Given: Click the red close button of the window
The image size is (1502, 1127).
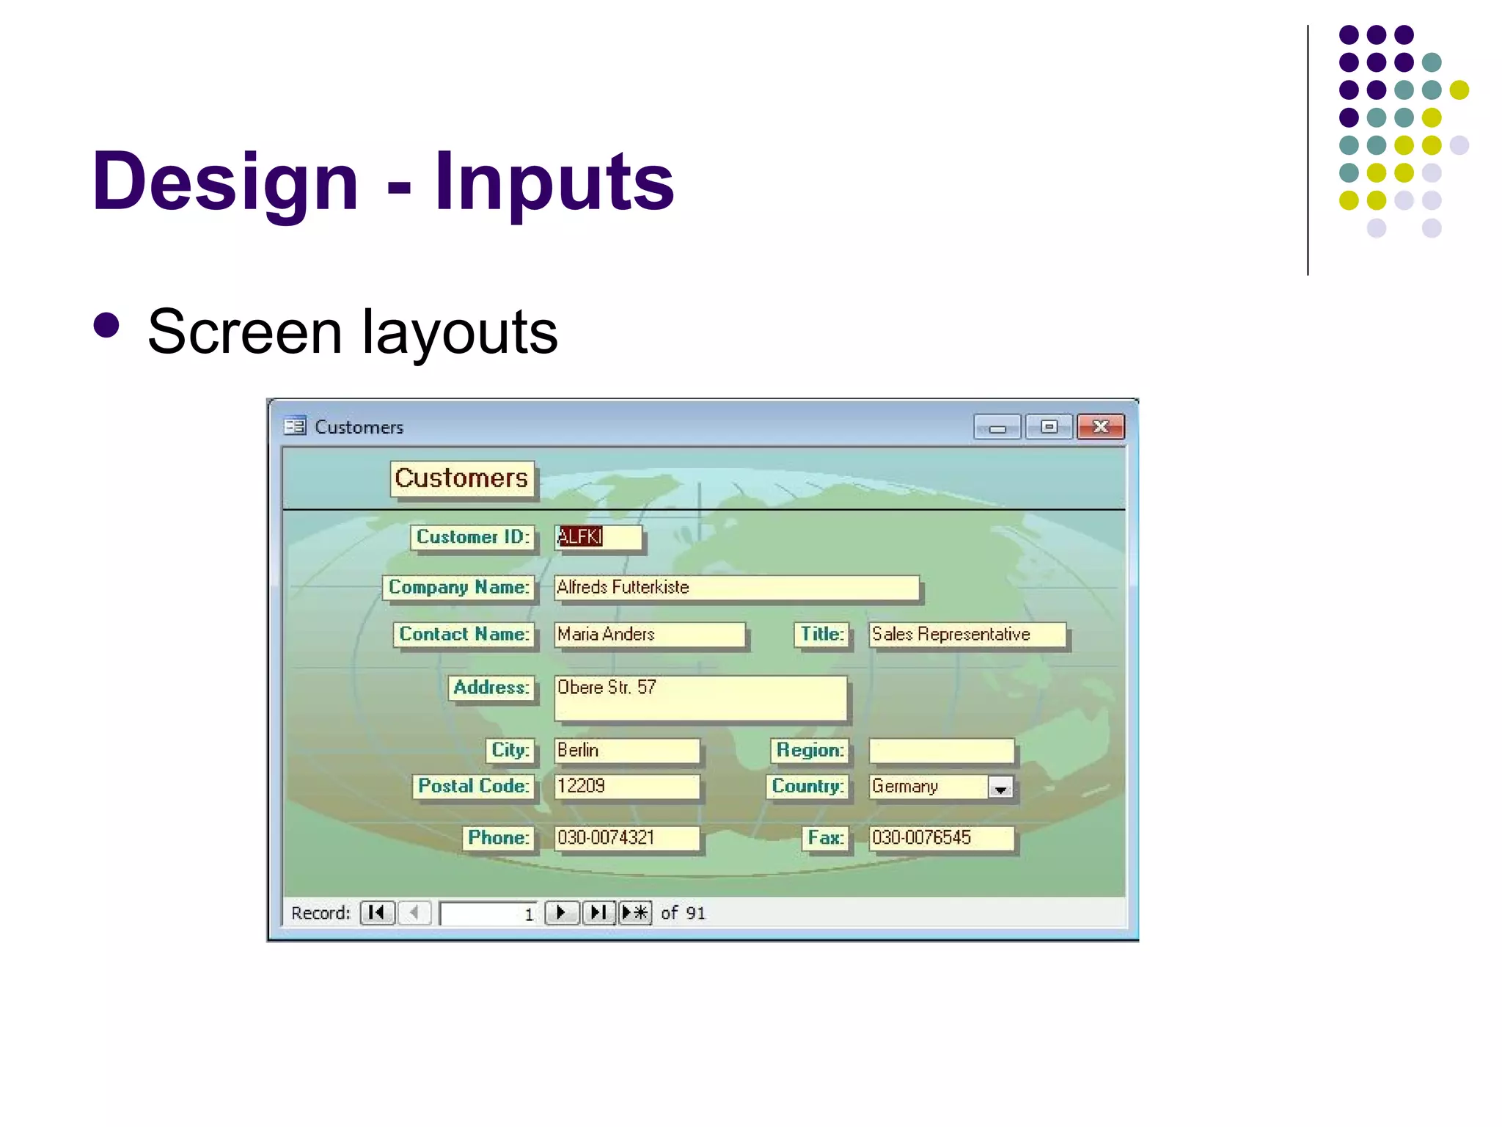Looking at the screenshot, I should pyautogui.click(x=1100, y=426).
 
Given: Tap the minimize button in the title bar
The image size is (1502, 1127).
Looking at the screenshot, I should pyautogui.click(x=997, y=427).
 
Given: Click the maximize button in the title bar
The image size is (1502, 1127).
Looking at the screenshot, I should pyautogui.click(x=1049, y=426).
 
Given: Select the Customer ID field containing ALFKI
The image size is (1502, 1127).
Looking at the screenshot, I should pyautogui.click(x=598, y=537).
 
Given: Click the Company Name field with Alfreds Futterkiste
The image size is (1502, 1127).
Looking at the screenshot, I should pyautogui.click(x=736, y=588).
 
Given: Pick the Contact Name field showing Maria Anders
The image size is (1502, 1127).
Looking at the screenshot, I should pyautogui.click(x=649, y=635).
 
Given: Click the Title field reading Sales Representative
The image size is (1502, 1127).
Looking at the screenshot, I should pyautogui.click(x=966, y=635).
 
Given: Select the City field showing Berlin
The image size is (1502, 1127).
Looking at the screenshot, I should pyautogui.click(x=626, y=751).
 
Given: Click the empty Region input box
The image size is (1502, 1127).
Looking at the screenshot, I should pyautogui.click(x=941, y=751).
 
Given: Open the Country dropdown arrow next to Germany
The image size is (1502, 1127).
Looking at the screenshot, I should pyautogui.click(x=1000, y=788).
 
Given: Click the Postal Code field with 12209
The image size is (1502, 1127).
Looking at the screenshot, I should pyautogui.click(x=626, y=787).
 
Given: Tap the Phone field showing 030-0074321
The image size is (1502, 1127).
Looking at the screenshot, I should pyautogui.click(x=626, y=838).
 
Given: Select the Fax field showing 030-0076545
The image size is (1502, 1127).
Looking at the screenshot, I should pyautogui.click(x=941, y=838).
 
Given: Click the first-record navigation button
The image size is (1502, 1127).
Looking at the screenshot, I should pyautogui.click(x=377, y=913).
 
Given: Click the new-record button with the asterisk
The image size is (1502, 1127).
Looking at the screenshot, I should pyautogui.click(x=635, y=913).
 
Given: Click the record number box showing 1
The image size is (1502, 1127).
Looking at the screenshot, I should pyautogui.click(x=488, y=913).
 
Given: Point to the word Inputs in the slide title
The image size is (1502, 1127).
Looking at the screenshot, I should pyautogui.click(x=554, y=181).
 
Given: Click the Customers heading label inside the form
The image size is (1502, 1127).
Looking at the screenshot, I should pyautogui.click(x=461, y=478).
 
